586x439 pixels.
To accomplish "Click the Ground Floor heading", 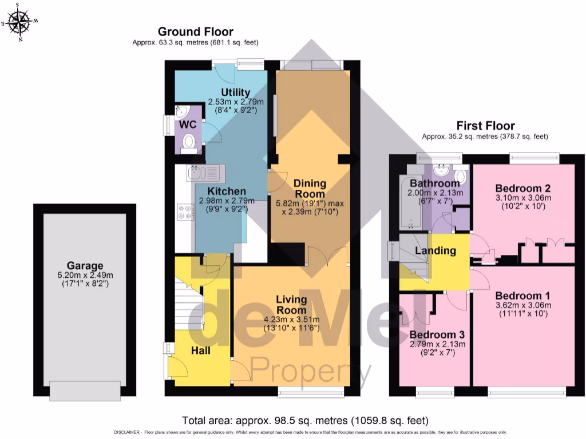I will [196, 31].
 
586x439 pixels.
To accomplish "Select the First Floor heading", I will [485, 126].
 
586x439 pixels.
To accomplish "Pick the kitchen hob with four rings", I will [185, 212].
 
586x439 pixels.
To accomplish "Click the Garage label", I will [85, 266].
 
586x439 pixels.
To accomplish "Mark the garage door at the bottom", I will [85, 392].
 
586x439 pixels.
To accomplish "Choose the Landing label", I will [435, 250].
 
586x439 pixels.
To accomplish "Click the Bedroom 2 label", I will [522, 189].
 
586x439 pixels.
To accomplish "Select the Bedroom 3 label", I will [437, 334].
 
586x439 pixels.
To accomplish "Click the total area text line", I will [292, 419].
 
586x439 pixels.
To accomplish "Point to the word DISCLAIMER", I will [127, 433].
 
